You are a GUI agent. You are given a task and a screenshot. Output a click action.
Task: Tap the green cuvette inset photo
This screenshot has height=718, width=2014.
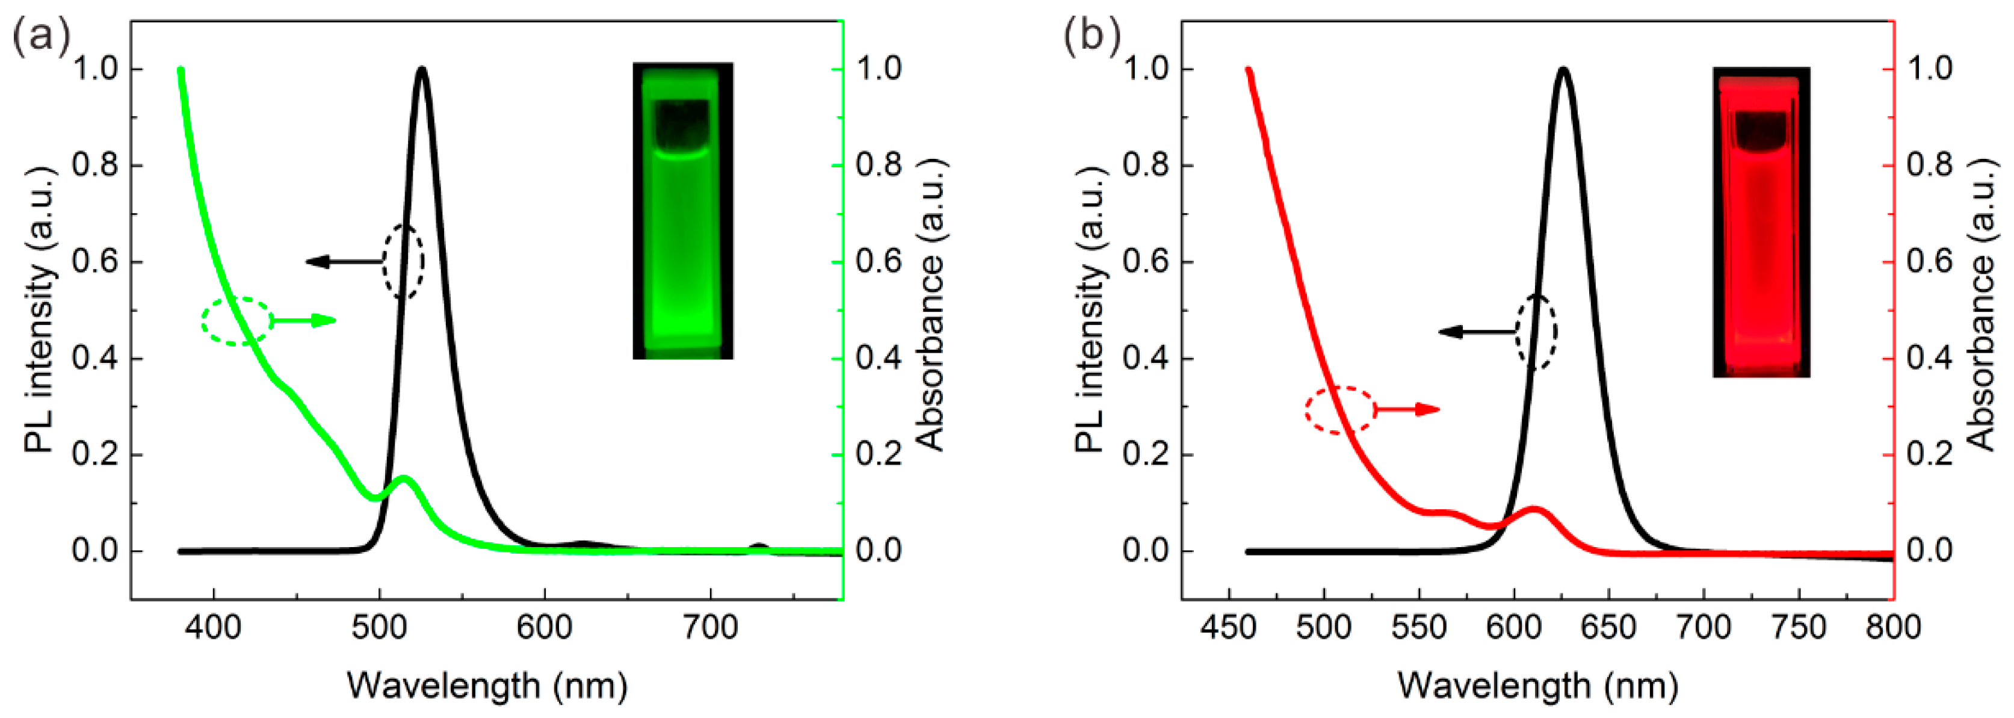click(682, 211)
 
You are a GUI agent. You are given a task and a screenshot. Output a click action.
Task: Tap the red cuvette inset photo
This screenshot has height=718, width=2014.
click(1761, 222)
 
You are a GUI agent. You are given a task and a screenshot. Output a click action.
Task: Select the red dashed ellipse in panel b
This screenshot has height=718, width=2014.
click(1340, 410)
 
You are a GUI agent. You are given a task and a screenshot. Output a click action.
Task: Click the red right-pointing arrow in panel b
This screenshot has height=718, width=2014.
click(1408, 409)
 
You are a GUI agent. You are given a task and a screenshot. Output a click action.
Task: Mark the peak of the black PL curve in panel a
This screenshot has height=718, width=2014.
click(422, 70)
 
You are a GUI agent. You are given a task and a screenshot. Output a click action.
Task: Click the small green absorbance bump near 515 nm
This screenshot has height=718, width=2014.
click(403, 478)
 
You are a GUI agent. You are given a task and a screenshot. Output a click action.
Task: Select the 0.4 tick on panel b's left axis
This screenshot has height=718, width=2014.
click(1145, 358)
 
